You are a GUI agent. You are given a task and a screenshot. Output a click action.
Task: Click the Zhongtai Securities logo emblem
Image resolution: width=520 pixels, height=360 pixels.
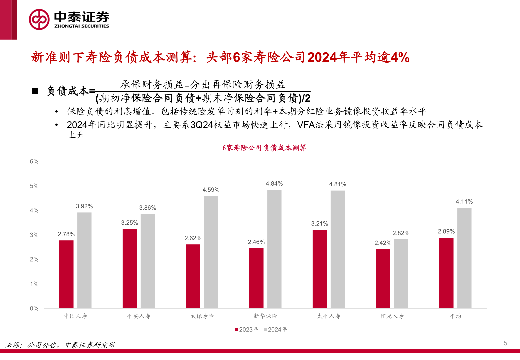(39, 19)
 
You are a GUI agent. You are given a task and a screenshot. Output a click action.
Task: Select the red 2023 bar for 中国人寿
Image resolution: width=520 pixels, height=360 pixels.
(66, 274)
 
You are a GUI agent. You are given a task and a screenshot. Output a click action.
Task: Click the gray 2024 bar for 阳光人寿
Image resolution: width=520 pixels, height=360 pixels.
(401, 274)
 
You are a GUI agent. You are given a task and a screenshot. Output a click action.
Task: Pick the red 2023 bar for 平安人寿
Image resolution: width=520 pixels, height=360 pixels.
(130, 268)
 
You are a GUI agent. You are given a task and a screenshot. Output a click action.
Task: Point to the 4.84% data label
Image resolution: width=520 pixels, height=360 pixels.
(274, 184)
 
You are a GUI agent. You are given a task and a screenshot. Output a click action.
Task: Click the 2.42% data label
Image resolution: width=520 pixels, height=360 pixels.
(383, 243)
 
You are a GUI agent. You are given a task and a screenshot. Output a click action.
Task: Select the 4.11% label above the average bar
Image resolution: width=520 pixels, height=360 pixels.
(464, 202)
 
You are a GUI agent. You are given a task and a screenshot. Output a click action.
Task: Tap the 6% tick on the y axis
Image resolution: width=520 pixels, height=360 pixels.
(34, 162)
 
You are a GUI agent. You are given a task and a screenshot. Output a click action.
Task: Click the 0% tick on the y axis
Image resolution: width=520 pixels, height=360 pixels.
(34, 309)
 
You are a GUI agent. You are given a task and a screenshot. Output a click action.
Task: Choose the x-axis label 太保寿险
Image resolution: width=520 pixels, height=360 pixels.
(202, 316)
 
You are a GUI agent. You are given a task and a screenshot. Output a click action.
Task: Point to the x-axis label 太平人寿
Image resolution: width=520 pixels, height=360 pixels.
(329, 316)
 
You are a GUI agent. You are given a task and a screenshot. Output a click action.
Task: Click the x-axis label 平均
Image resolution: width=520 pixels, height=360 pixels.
(455, 316)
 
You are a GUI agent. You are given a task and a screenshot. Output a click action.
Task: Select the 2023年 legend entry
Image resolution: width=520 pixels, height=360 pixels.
(247, 329)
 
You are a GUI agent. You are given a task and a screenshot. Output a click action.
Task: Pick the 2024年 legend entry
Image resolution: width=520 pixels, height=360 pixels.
(275, 329)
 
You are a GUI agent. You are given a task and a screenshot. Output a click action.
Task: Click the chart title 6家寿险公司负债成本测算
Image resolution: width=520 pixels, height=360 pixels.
(264, 148)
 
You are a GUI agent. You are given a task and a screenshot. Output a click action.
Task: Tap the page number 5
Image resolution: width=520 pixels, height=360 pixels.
(505, 343)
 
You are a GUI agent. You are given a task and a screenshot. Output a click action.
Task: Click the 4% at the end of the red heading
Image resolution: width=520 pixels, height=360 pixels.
(400, 57)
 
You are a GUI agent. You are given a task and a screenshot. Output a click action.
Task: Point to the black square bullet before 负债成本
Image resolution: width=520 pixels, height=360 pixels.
(35, 91)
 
